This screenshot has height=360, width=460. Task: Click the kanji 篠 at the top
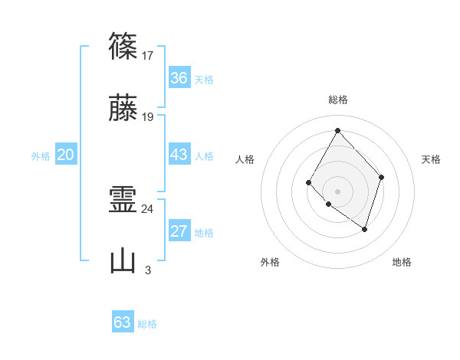pos(123,46)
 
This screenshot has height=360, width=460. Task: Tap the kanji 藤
pos(123,108)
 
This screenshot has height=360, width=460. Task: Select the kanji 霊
pos(123,200)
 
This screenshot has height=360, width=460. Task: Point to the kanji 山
pos(123,261)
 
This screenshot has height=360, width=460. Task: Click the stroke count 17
pos(149,55)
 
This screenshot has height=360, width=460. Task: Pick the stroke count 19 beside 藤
pos(149,117)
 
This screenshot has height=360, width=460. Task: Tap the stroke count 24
pos(149,208)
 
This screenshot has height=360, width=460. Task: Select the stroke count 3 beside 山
pos(148,270)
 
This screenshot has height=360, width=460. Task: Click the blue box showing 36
pos(179,78)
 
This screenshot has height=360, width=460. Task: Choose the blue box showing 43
pos(179,155)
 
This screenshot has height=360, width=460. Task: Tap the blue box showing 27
pos(179,231)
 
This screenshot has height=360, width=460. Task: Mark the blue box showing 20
pos(66,155)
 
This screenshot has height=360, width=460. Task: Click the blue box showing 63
pos(123,322)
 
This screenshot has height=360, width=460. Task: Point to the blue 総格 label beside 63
pos(147,324)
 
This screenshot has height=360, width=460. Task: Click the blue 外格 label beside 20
pos(41,156)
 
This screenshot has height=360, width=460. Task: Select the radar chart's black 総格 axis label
pos(337,100)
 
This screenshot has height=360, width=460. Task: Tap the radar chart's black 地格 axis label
pos(402,262)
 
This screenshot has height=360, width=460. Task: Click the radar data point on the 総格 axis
pos(337,130)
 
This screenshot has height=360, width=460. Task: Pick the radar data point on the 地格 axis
pos(365,229)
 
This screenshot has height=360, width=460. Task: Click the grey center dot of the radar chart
pos(337,191)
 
